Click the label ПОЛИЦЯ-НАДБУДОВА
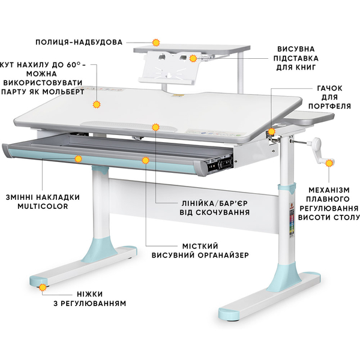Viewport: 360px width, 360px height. tap(79, 42)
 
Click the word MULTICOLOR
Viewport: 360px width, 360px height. tap(43, 206)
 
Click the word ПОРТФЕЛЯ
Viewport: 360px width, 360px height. tap(329, 106)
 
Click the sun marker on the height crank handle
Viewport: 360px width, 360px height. tap(329, 163)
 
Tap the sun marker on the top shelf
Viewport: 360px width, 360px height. tap(156, 43)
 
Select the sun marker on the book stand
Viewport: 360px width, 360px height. tap(193, 58)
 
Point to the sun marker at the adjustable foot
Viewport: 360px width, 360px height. tap(43, 287)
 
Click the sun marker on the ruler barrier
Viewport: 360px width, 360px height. tap(155, 127)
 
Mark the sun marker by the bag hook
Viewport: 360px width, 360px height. tap(272, 131)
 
